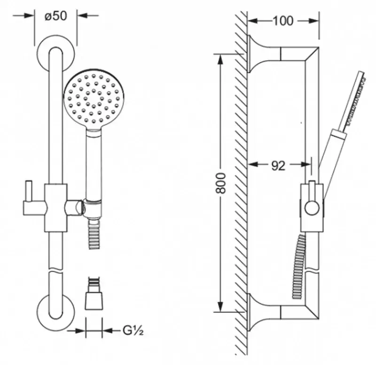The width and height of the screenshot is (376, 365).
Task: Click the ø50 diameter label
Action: tap(55, 15)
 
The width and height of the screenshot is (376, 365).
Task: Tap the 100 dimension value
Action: tap(282, 20)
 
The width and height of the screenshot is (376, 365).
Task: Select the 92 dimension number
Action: tap(278, 165)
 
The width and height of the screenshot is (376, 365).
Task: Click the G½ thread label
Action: tap(133, 331)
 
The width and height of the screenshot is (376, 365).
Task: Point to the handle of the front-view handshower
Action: tap(93, 164)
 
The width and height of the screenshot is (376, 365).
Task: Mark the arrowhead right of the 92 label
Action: tap(307, 164)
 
